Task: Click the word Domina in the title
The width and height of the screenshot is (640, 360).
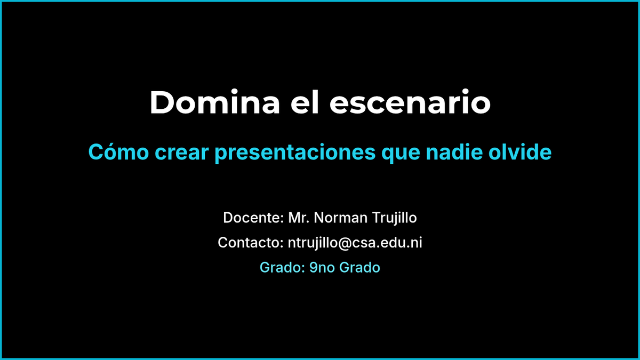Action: [x=215, y=102]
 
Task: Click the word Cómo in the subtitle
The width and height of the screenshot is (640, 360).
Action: [x=118, y=151]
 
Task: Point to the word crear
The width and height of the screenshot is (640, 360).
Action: [x=182, y=153]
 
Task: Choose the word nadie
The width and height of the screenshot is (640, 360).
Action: [x=454, y=152]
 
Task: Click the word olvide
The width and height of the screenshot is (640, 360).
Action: [x=520, y=152]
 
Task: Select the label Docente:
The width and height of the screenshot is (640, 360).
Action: [x=253, y=218]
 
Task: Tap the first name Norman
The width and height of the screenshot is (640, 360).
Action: [x=341, y=218]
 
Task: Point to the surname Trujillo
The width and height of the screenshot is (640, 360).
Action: [x=394, y=218]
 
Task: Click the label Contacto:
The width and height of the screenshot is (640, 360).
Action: [x=251, y=243]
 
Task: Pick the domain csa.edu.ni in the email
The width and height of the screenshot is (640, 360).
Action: [x=387, y=243]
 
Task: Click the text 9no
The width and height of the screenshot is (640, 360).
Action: [x=322, y=268]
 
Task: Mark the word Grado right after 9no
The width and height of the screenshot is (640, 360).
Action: [x=359, y=268]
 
